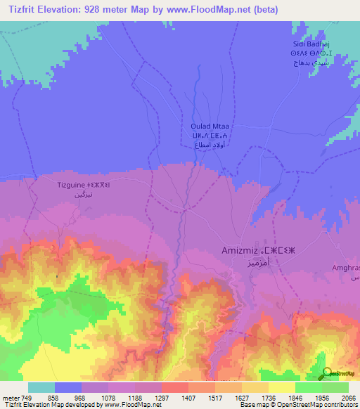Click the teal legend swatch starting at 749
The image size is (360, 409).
41,387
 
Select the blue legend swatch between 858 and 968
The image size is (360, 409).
68,387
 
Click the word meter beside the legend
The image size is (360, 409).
11,397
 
